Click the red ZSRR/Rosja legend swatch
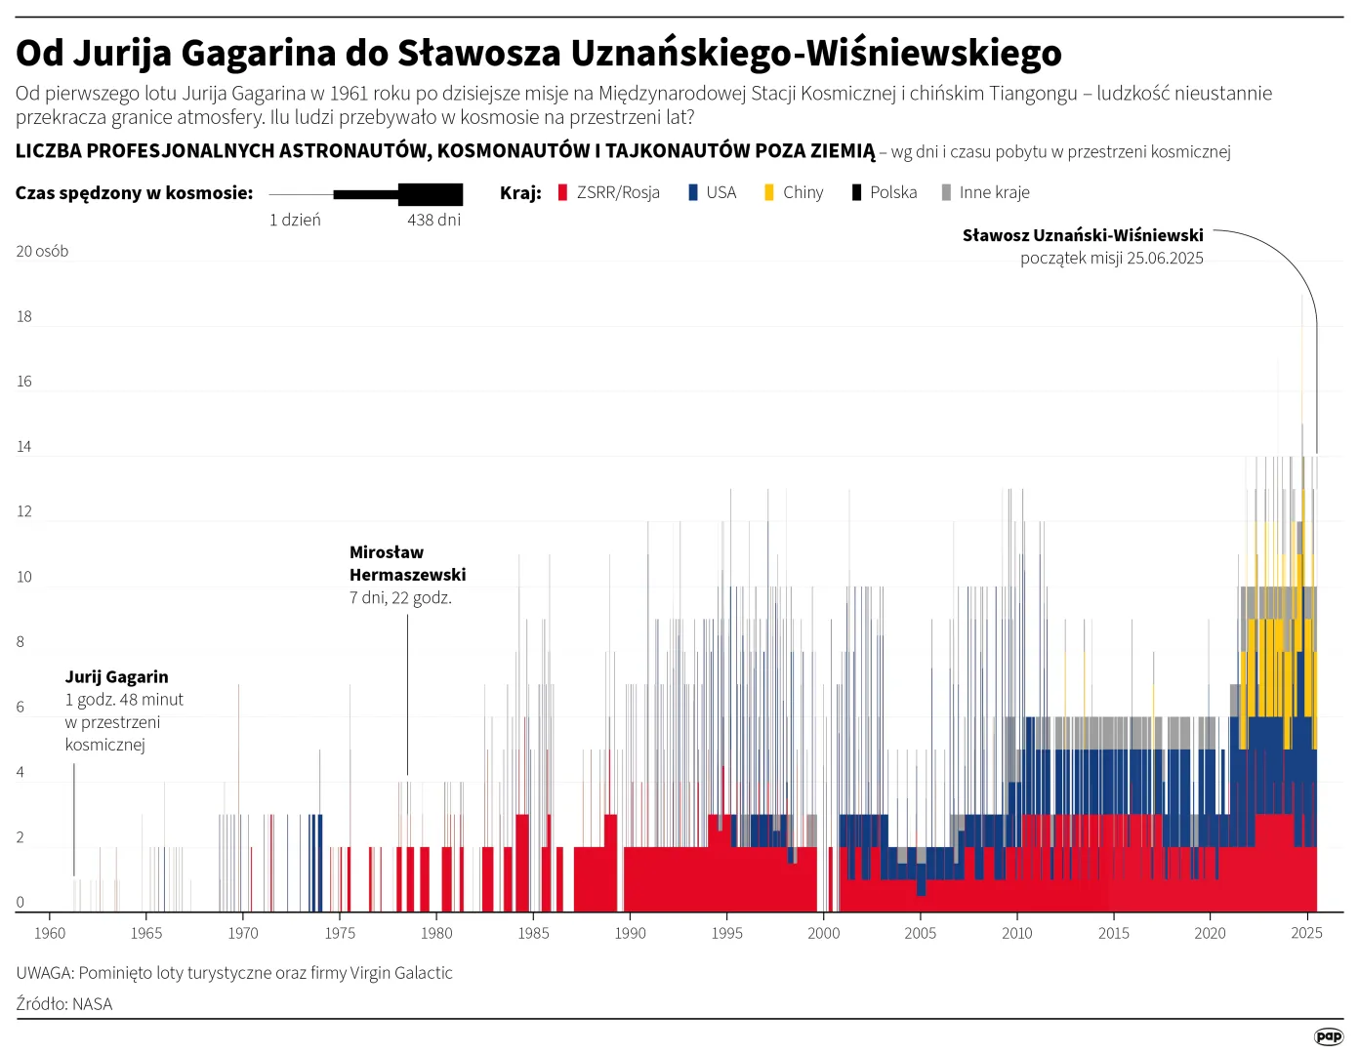pyautogui.click(x=562, y=192)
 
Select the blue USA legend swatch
pyautogui.click(x=693, y=192)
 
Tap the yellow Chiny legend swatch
pyautogui.click(x=769, y=192)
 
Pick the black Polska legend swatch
pyautogui.click(x=856, y=192)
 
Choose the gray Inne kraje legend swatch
pyautogui.click(x=946, y=192)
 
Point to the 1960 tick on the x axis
pyautogui.click(x=50, y=933)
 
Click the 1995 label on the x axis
pyautogui.click(x=726, y=933)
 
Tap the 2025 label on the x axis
pyautogui.click(x=1306, y=933)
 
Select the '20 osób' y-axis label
pyautogui.click(x=42, y=251)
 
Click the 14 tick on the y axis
pyautogui.click(x=24, y=446)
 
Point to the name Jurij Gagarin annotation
pyautogui.click(x=116, y=676)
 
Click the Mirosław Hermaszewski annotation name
pyautogui.click(x=407, y=563)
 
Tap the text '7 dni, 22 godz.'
pyautogui.click(x=400, y=597)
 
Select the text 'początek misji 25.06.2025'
pyautogui.click(x=1111, y=258)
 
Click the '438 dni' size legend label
pyautogui.click(x=433, y=220)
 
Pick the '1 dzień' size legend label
pyautogui.click(x=295, y=220)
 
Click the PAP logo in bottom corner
pyautogui.click(x=1328, y=1036)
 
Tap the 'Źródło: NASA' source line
pyautogui.click(x=64, y=1003)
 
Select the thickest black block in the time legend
pyautogui.click(x=431, y=194)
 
